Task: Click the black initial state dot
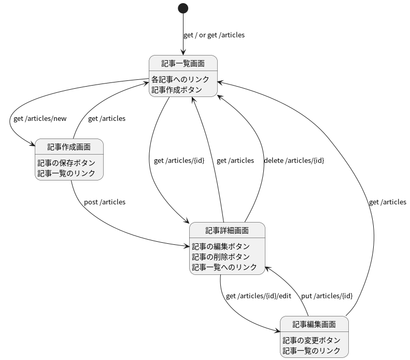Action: (183, 8)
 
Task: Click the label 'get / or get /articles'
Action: (214, 35)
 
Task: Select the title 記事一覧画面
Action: (182, 63)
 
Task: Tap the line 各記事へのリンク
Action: (180, 79)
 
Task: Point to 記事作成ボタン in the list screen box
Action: (176, 89)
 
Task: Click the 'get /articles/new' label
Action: (40, 118)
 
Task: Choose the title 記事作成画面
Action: (69, 147)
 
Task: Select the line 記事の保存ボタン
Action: (66, 163)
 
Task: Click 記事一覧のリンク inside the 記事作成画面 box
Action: (66, 173)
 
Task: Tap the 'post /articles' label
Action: (105, 202)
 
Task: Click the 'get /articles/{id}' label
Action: (179, 160)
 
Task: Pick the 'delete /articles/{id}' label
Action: (294, 160)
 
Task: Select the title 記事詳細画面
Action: (227, 230)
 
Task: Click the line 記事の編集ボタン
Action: (221, 246)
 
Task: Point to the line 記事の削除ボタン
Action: (221, 257)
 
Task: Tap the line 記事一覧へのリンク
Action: (224, 267)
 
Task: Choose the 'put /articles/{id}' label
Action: (327, 296)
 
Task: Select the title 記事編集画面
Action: (314, 324)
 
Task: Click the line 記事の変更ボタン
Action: (312, 340)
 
